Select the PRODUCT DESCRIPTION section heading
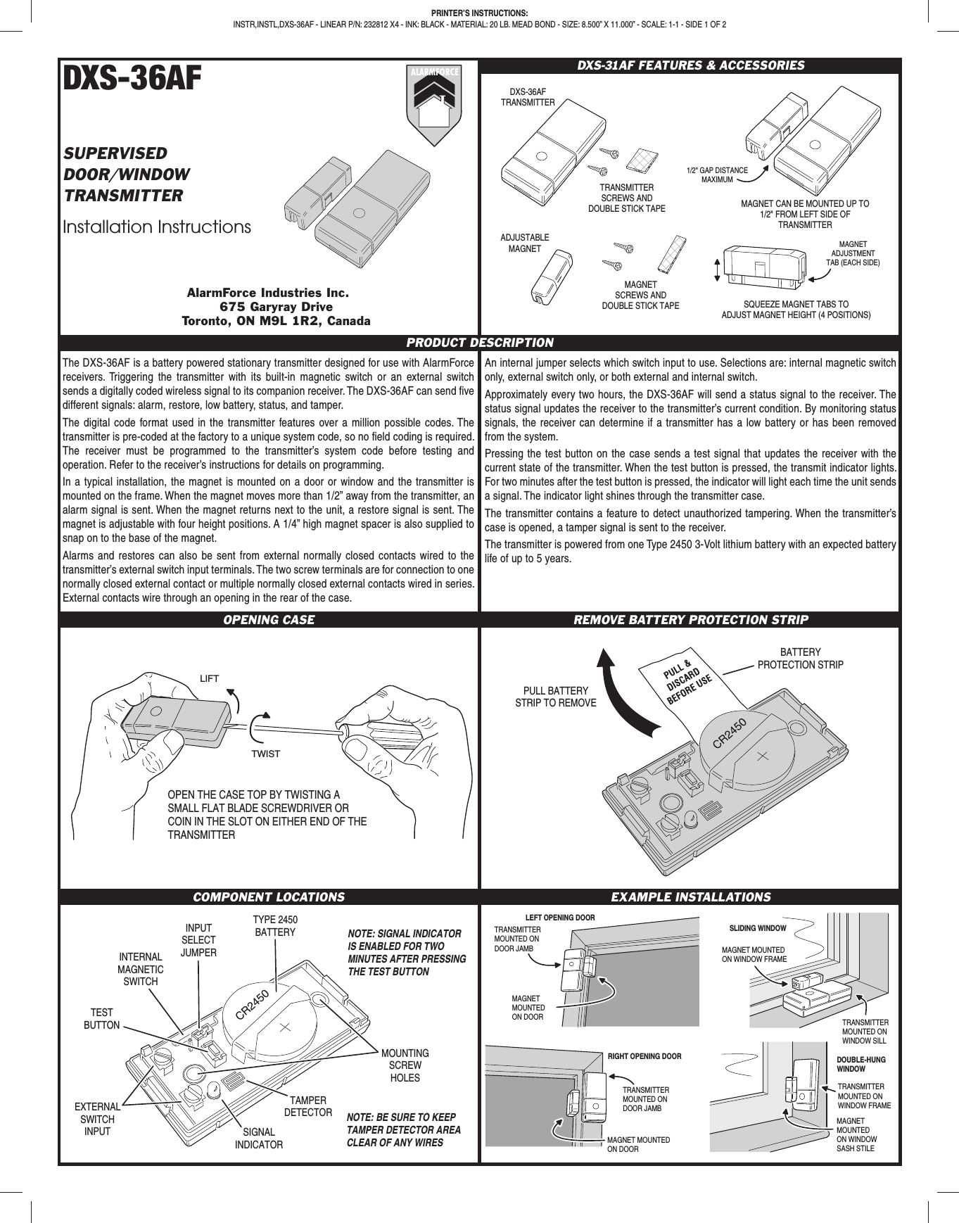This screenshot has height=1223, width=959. point(480,343)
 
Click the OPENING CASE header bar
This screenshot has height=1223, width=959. point(269,620)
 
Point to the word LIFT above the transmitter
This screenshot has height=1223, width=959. point(210,678)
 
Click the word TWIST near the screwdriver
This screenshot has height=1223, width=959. point(265,754)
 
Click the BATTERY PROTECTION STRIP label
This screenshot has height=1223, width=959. point(800,659)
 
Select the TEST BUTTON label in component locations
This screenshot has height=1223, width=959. point(102,1019)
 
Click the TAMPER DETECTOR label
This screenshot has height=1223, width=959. point(308,1106)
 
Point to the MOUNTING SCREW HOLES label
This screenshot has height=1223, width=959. point(405,1065)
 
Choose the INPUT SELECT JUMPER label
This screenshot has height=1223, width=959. point(198,940)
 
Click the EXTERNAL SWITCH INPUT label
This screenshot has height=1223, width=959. point(97,1119)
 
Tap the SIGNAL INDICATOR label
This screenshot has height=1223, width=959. point(259,1138)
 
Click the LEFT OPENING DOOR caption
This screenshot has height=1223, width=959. point(560,918)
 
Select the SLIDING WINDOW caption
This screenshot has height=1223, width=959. point(758,928)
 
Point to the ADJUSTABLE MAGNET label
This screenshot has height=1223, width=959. point(524,243)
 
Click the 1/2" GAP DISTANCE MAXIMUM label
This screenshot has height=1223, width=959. point(717,175)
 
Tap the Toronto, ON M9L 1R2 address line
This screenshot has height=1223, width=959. point(277,322)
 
